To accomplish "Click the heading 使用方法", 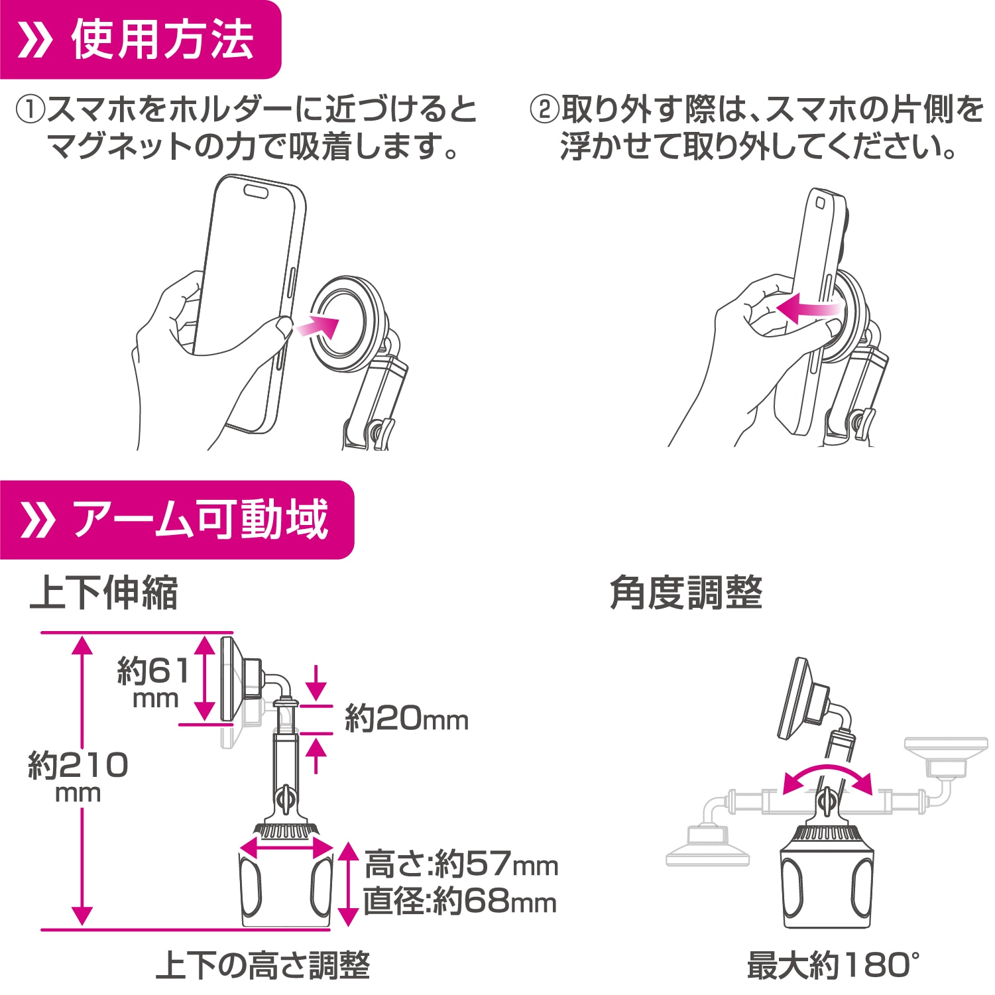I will pyautogui.click(x=162, y=40).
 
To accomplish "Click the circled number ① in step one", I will pyautogui.click(x=30, y=110).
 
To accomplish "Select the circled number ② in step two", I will pyautogui.click(x=544, y=110).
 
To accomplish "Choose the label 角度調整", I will pyautogui.click(x=686, y=593).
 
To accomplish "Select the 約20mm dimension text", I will pyautogui.click(x=406, y=719).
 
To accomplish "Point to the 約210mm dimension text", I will pyautogui.click(x=78, y=776).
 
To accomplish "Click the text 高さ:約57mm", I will pyautogui.click(x=461, y=864).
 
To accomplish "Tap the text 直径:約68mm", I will pyautogui.click(x=460, y=902).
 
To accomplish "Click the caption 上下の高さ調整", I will pyautogui.click(x=263, y=965).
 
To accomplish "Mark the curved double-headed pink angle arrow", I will pyautogui.click(x=827, y=777).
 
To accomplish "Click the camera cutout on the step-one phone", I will pyautogui.click(x=256, y=192).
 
